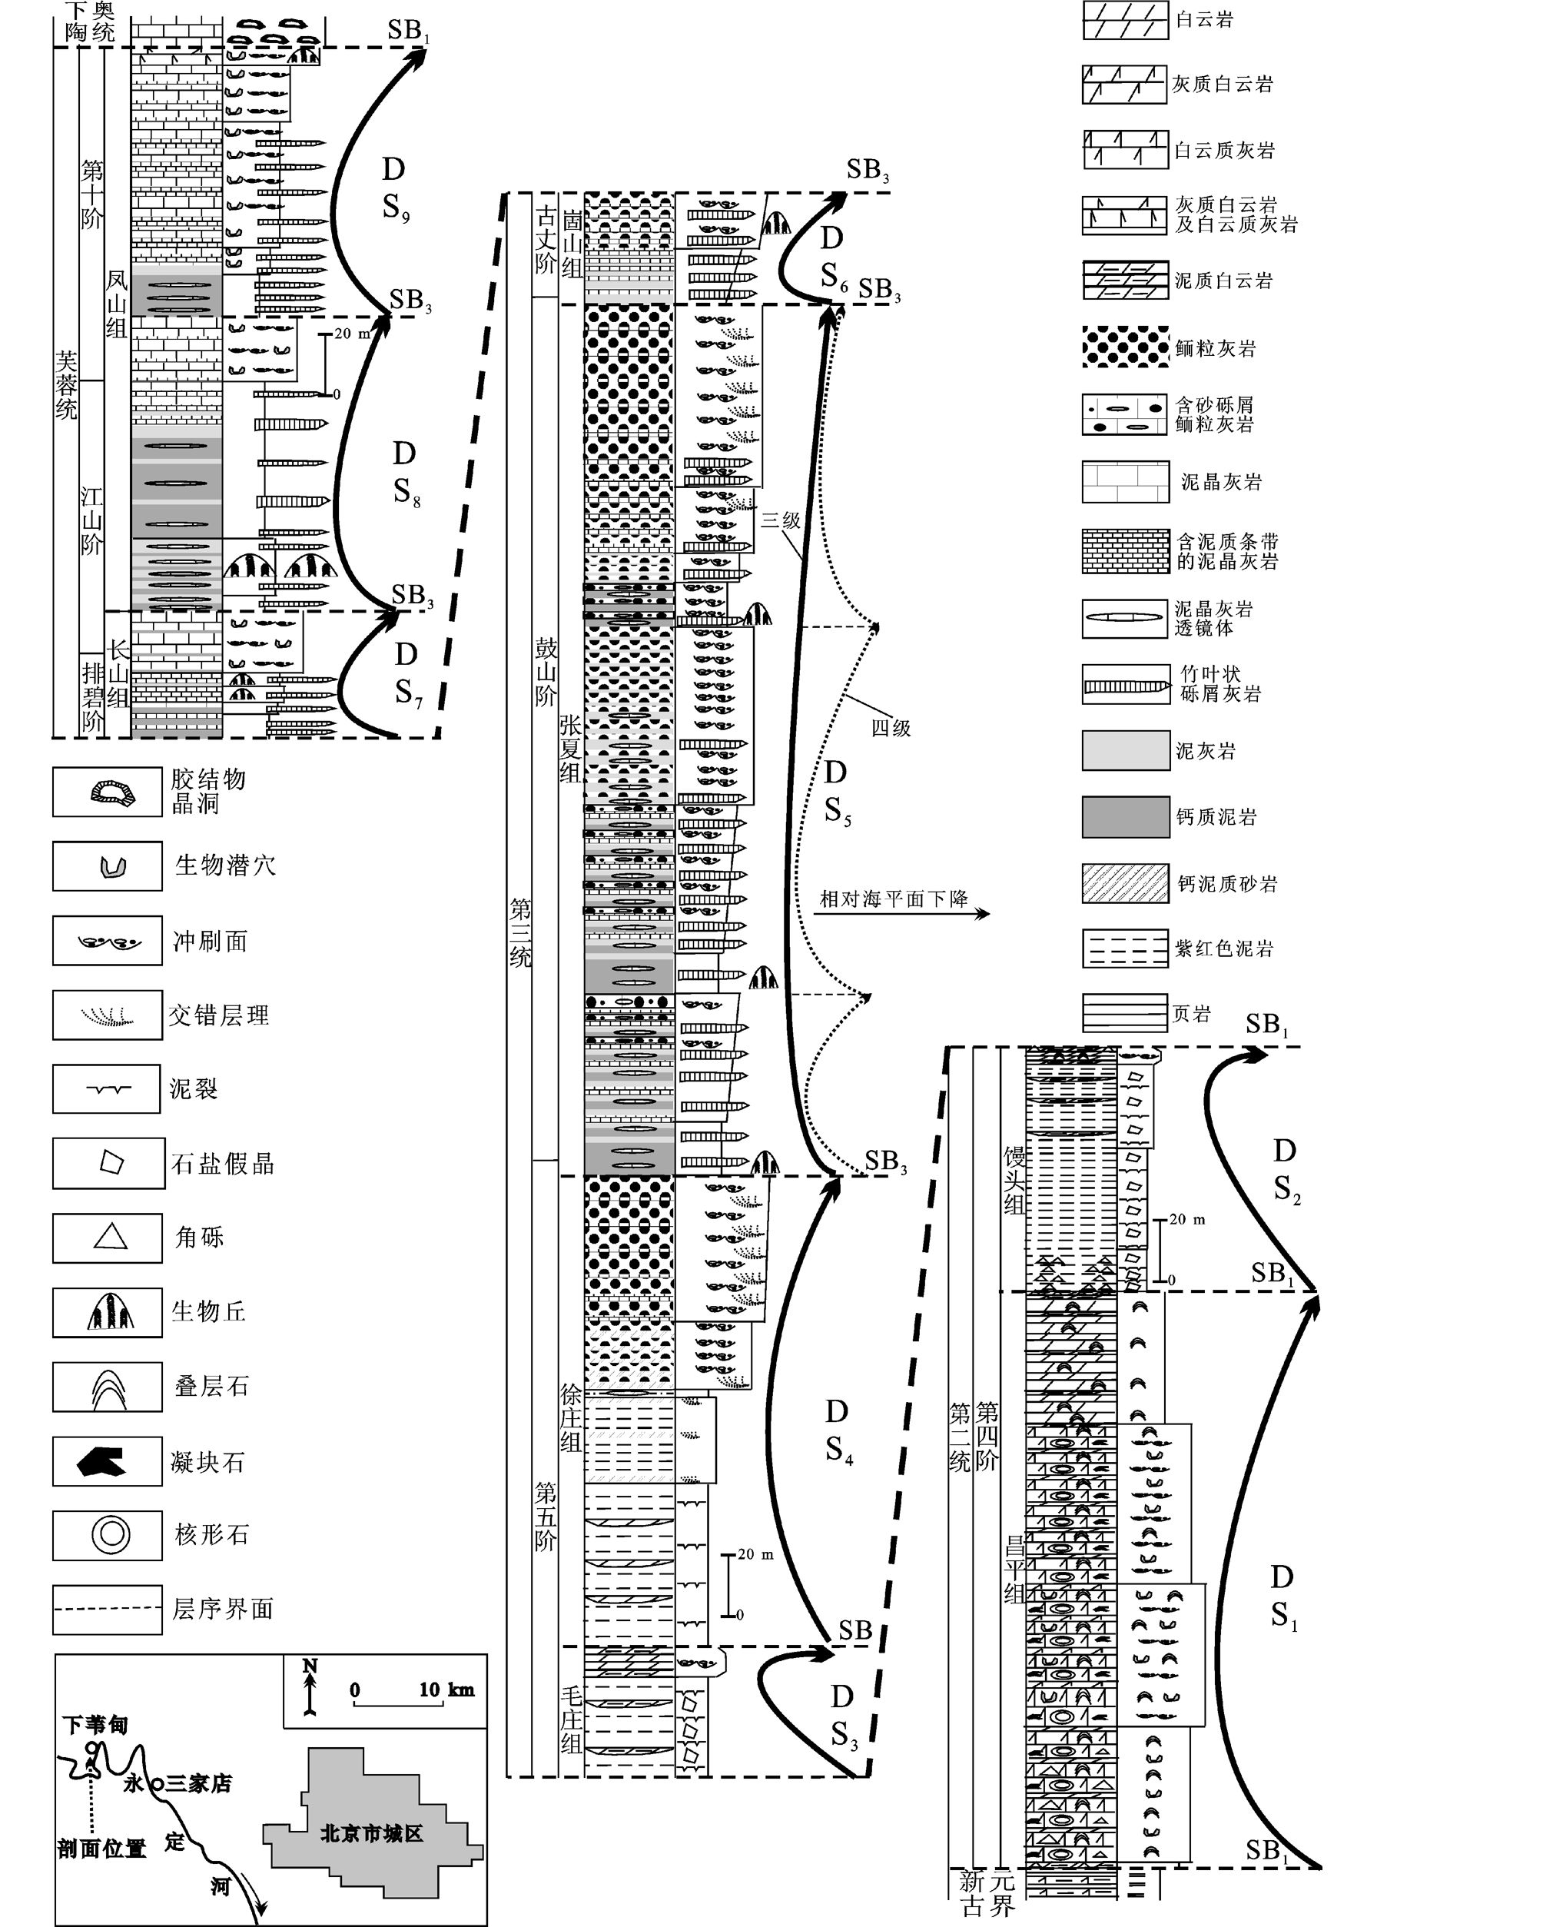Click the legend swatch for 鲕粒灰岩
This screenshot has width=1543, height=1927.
tap(1125, 347)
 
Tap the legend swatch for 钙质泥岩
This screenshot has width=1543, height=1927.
tap(1125, 817)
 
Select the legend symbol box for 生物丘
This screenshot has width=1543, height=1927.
tap(108, 1312)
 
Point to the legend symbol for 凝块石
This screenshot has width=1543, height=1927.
tap(102, 1461)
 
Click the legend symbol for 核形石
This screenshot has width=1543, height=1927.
tap(111, 1535)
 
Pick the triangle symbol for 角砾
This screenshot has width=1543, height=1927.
tap(110, 1236)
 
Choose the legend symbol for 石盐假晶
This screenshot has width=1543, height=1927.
tap(111, 1162)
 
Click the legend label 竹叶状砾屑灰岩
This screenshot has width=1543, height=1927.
tap(1220, 684)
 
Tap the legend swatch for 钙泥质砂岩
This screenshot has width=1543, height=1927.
tap(1125, 883)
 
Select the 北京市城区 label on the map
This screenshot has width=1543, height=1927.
tap(371, 1833)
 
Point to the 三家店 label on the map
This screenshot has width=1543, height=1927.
tap(198, 1783)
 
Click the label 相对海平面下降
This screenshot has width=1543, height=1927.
tap(894, 899)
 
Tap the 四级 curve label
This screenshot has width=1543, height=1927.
tap(891, 729)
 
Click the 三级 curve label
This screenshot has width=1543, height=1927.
tap(780, 520)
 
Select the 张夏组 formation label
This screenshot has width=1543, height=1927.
tap(570, 748)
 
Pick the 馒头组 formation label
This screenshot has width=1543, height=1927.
tap(1014, 1180)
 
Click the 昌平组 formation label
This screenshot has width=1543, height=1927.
tap(1014, 1569)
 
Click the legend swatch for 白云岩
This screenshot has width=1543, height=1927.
tap(1125, 20)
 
